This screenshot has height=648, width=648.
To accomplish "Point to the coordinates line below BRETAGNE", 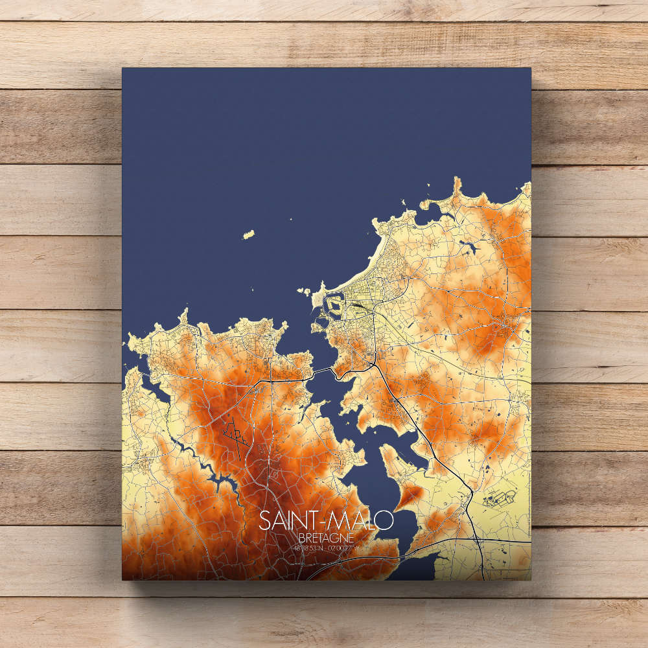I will [325, 549].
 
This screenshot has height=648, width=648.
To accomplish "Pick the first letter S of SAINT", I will [264, 521].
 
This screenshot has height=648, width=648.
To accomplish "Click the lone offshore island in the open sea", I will [248, 235].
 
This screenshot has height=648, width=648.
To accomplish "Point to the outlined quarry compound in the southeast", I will [499, 499].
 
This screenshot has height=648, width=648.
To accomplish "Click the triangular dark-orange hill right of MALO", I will [410, 496].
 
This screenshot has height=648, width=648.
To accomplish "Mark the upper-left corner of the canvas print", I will [123, 69].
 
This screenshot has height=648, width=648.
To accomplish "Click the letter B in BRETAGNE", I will [302, 538].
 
